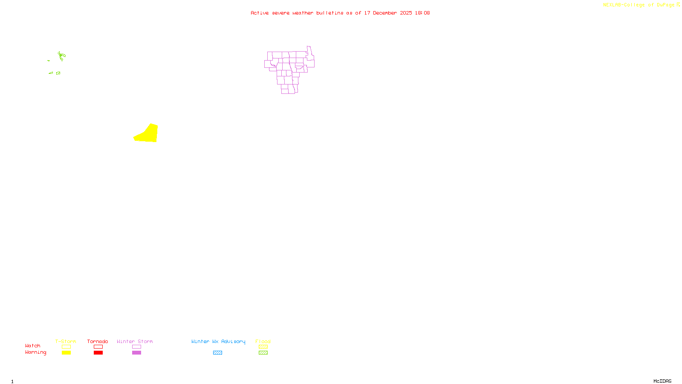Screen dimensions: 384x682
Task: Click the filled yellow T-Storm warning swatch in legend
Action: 66,353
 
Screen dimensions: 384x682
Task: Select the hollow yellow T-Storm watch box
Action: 66,347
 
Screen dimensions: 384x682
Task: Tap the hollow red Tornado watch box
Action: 98,347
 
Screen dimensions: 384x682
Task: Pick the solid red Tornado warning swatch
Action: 98,353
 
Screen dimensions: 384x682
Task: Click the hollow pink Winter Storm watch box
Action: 136,347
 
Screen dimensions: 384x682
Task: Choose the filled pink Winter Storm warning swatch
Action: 136,353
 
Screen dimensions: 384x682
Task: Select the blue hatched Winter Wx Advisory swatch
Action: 217,353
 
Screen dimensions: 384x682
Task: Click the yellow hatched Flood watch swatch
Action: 263,347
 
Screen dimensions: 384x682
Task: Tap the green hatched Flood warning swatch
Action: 263,353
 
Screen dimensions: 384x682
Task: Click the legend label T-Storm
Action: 66,341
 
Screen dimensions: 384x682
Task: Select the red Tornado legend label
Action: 98,341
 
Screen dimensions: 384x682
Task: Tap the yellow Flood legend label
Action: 263,341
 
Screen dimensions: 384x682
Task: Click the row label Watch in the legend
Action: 33,346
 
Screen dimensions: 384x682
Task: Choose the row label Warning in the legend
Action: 35,352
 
